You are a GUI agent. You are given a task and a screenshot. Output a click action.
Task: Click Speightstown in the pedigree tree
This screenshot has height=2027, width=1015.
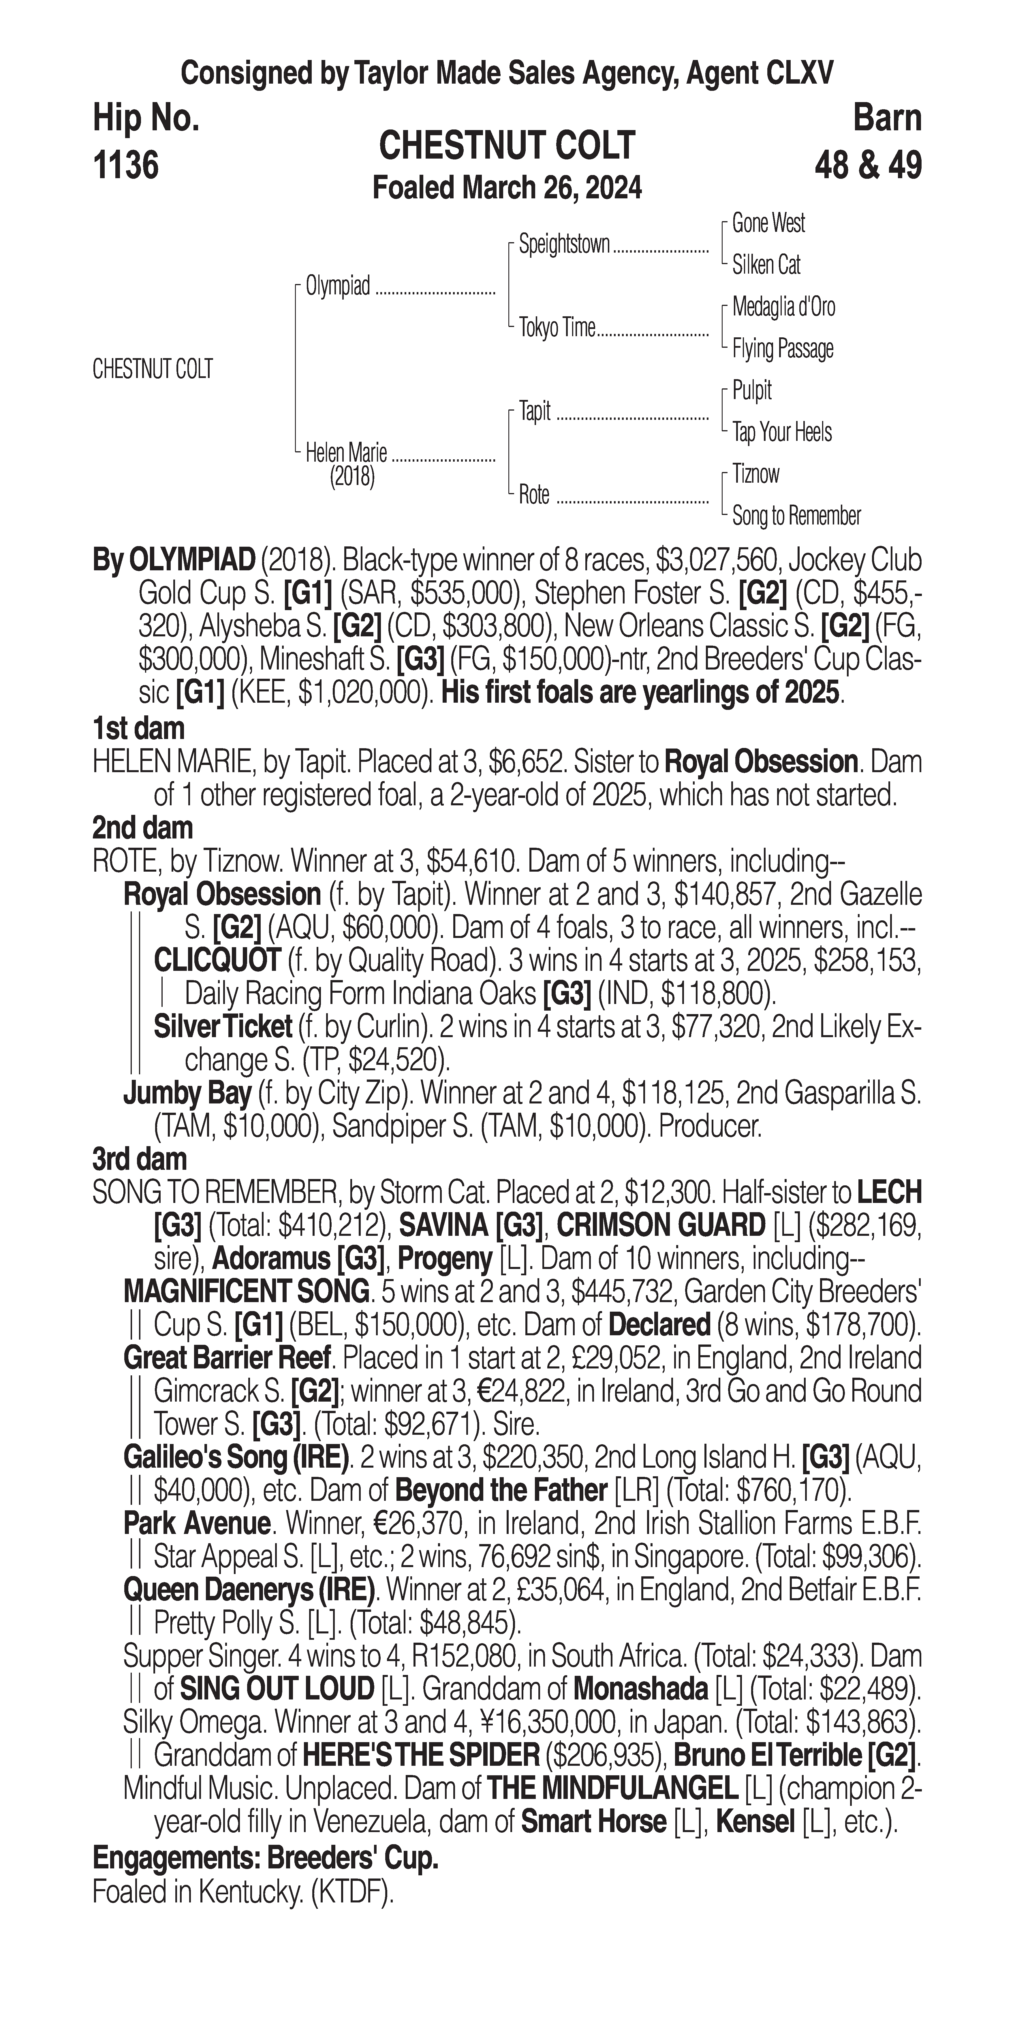tap(564, 245)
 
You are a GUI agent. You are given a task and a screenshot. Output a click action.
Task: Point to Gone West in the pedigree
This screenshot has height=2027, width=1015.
tap(768, 223)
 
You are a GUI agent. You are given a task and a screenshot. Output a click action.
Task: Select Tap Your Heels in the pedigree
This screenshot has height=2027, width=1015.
tap(781, 432)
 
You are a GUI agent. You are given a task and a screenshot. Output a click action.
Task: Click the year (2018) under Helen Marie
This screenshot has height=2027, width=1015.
tap(352, 477)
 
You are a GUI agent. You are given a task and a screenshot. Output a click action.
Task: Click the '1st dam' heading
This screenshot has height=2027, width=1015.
tap(138, 729)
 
